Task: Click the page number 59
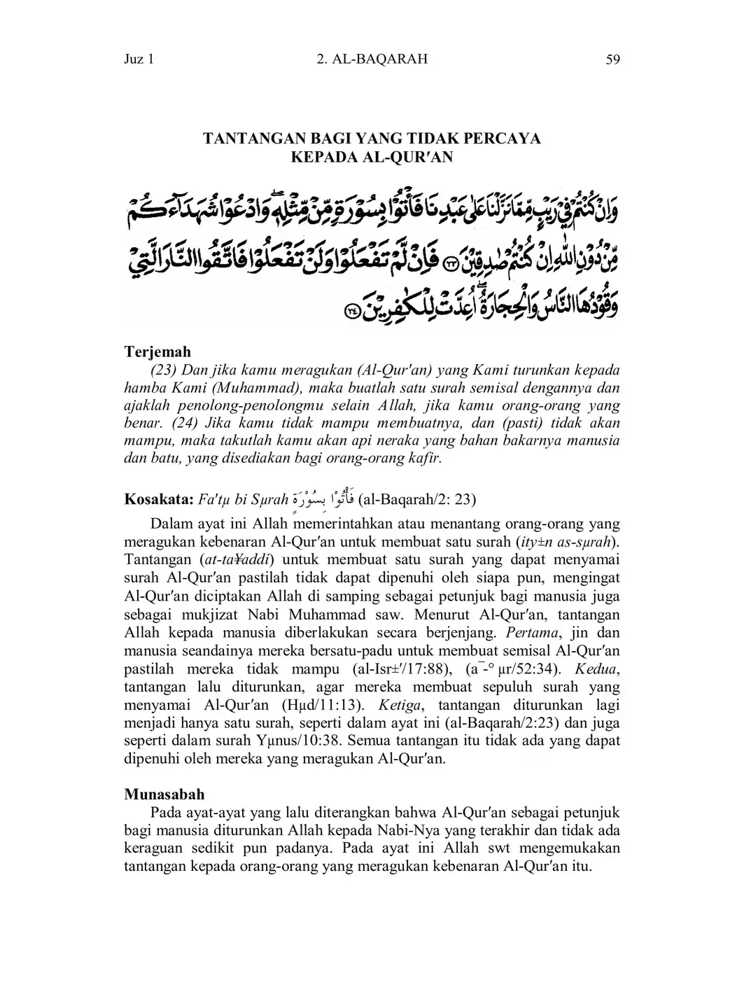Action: coord(612,60)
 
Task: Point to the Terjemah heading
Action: coord(157,351)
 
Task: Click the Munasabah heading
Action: coord(164,795)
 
